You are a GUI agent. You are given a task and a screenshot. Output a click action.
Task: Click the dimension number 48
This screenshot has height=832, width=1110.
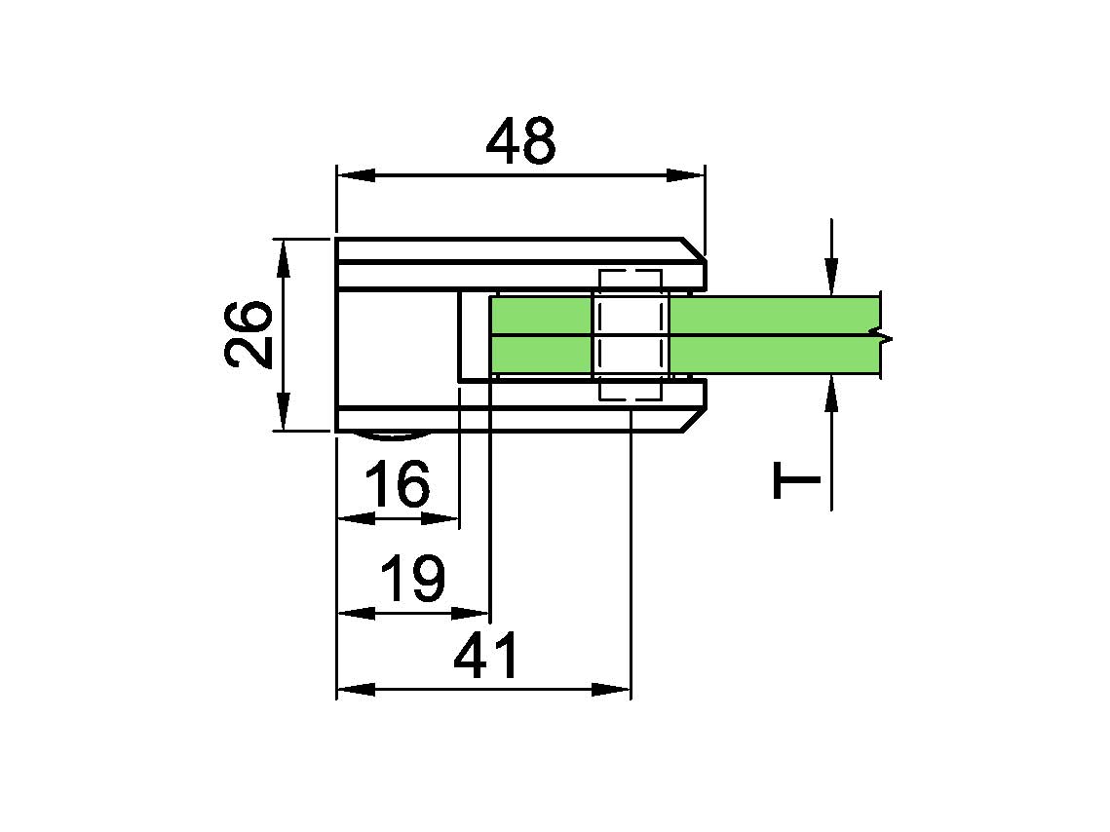[521, 141]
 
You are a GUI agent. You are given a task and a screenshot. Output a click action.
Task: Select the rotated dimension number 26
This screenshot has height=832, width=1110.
[249, 334]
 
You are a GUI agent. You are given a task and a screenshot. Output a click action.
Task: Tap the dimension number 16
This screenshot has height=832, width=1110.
[398, 484]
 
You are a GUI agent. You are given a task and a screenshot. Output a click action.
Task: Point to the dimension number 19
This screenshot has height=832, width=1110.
[413, 578]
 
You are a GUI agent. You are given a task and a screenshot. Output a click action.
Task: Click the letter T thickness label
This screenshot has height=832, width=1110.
[796, 480]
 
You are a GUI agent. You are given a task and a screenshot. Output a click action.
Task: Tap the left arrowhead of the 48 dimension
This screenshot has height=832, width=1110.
[356, 175]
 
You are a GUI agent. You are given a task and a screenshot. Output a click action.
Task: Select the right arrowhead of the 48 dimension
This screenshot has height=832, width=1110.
[685, 175]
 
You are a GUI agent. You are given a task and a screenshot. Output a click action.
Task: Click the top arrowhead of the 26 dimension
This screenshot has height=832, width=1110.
[284, 259]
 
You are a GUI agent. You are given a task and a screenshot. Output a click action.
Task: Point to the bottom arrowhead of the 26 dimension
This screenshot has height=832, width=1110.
[284, 411]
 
